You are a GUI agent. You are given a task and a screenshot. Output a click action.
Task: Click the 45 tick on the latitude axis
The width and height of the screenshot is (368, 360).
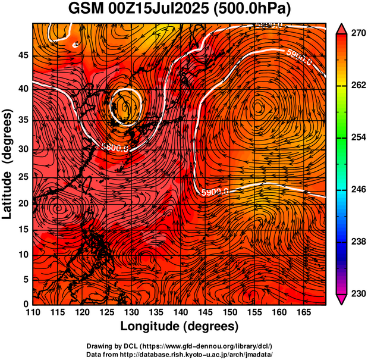pos(23,55)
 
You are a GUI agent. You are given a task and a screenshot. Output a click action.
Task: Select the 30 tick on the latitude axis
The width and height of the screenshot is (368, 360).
pos(23,149)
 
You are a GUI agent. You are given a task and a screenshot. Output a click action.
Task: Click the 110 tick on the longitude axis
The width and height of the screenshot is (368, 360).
pos(33,312)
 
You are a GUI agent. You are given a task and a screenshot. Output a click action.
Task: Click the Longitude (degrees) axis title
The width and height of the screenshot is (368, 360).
pos(180,327)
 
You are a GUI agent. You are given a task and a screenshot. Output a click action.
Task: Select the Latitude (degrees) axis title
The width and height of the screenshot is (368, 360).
pos(8,164)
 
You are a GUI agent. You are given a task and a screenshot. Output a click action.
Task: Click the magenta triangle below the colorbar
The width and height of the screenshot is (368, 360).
pos(341,299)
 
